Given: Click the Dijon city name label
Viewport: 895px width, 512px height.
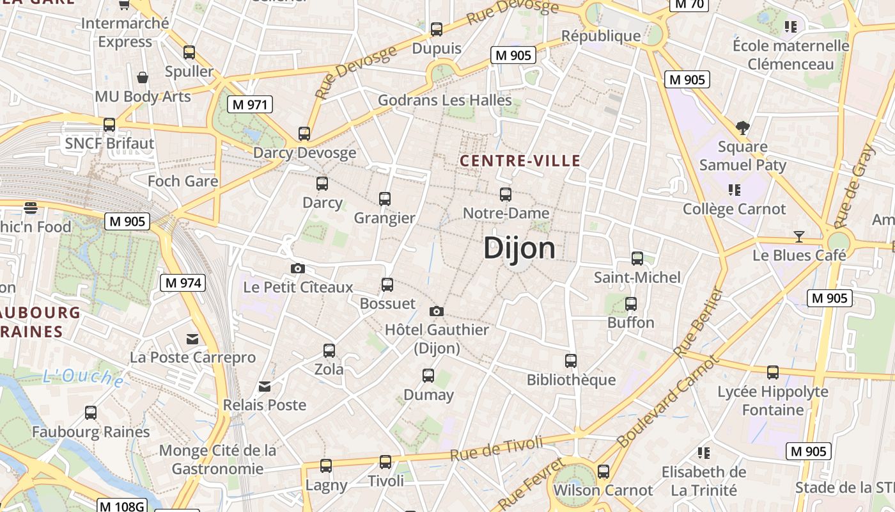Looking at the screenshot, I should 519,248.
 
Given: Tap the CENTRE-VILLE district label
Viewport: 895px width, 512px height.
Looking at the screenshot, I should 520,161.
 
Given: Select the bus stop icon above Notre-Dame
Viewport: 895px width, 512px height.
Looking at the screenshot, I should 506,194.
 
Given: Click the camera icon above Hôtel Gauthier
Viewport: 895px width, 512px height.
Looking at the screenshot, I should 437,311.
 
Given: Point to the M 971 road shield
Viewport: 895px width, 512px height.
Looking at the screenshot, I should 250,104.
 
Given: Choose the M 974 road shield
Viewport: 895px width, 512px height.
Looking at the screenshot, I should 182,282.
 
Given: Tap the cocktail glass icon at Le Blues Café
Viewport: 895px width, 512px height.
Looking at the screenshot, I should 798,237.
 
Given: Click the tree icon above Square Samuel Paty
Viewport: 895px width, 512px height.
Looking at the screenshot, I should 742,128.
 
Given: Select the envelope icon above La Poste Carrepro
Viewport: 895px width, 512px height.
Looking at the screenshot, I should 192,339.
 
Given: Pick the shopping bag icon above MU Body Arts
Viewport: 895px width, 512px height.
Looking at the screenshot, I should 143,77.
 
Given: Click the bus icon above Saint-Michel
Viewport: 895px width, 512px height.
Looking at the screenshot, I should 637,259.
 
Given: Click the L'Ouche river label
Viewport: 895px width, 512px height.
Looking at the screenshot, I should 83,376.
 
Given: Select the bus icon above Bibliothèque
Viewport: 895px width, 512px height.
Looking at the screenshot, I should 571,361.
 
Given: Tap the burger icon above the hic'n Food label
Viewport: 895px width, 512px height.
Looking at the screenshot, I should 30,207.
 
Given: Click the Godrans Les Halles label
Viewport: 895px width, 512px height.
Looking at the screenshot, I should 445,100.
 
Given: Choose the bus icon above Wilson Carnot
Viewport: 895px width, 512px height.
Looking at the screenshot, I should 603,472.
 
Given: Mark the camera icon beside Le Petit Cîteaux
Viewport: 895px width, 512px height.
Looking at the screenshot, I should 297,268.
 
